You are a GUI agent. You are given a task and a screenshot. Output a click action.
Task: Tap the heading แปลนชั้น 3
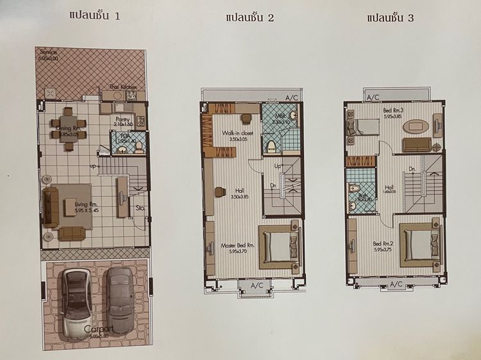(390, 17)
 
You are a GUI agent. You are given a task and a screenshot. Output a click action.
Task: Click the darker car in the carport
(119, 298)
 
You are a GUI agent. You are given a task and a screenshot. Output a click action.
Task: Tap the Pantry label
(122, 120)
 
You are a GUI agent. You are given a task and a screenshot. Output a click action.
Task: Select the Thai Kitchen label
(123, 87)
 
